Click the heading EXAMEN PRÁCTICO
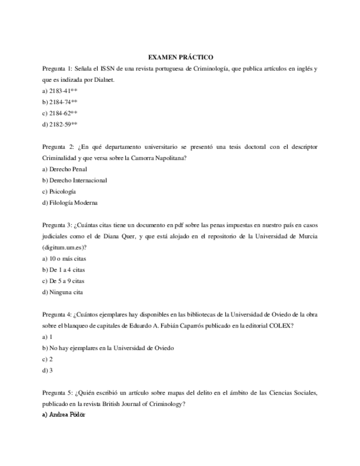coord(181,57)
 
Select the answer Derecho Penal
coord(64,169)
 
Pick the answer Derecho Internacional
coord(74,180)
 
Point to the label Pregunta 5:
coord(57,393)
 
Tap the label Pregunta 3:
coord(57,225)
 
